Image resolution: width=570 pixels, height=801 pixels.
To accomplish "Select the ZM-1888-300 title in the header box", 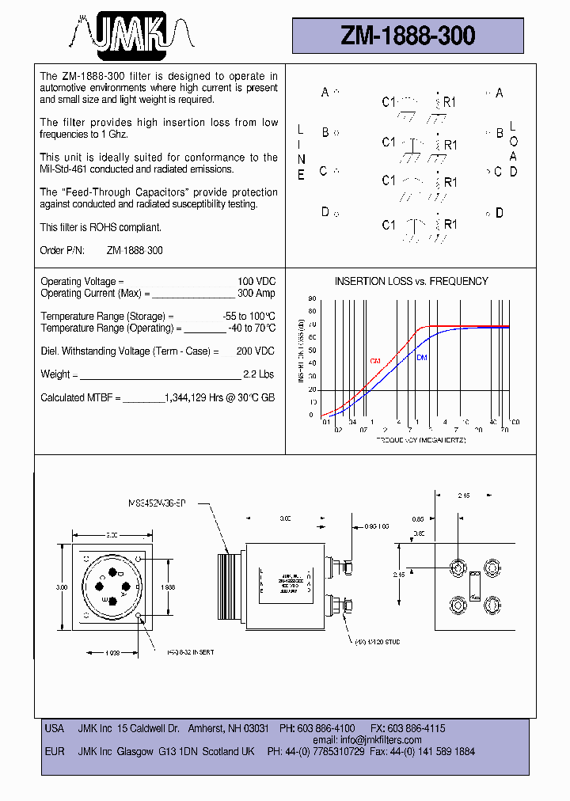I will (408, 36).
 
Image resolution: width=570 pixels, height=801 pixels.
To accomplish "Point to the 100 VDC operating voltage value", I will (256, 282).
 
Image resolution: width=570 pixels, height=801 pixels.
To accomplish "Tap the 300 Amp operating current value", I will (256, 294).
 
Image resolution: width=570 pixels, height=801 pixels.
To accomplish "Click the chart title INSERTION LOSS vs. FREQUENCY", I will (411, 281).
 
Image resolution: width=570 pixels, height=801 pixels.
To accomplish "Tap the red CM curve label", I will (375, 361).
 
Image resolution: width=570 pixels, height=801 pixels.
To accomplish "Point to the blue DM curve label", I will (421, 357).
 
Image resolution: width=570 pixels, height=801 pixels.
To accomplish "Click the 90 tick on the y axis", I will (312, 299).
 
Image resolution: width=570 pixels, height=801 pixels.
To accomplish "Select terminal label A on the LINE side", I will (325, 93).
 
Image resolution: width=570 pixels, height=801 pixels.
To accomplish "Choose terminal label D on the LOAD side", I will (499, 212).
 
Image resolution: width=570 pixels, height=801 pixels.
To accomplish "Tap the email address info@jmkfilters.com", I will (380, 740).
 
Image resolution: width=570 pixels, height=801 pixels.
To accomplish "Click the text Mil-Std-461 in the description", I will (67, 169).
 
